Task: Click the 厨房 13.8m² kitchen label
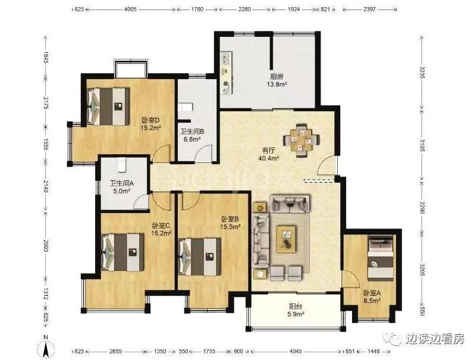[277, 80]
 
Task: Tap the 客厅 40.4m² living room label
[269, 154]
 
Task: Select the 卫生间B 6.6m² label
[192, 135]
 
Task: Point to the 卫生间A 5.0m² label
[122, 187]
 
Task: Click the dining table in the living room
[302, 140]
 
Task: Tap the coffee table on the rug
[286, 239]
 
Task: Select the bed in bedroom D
[108, 106]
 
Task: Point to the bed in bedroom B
[199, 256]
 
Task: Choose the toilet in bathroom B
[184, 107]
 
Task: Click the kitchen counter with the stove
[226, 73]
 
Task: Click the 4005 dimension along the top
[130, 10]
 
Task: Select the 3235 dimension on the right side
[422, 73]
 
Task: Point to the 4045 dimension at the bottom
[296, 351]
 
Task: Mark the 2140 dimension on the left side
[46, 187]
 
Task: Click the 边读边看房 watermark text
[435, 339]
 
